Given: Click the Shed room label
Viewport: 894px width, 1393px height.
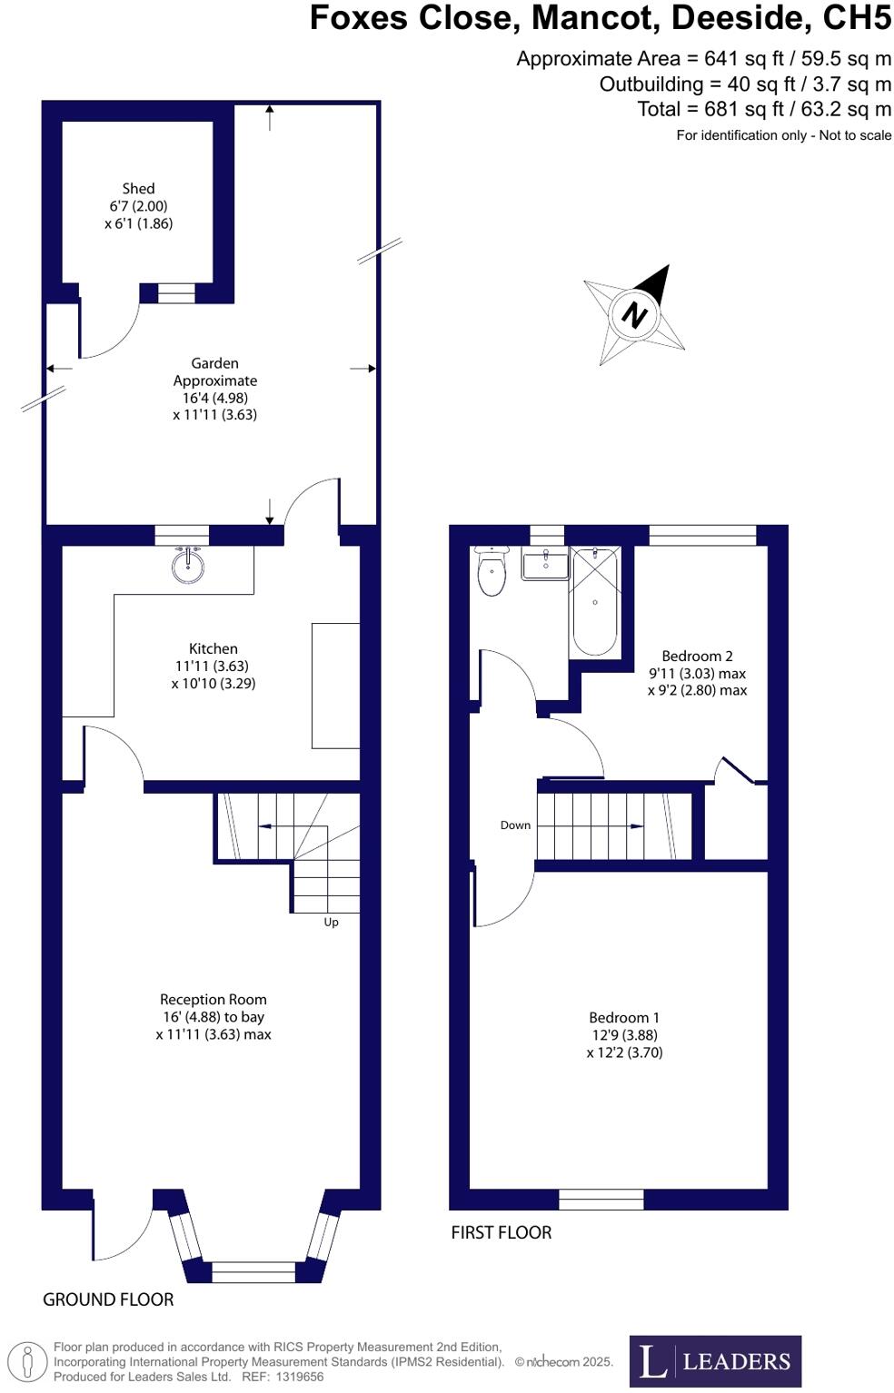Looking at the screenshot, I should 138,189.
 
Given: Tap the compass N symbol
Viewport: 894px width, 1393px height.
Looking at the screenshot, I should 634,314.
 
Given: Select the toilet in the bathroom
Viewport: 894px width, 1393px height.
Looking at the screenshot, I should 492,571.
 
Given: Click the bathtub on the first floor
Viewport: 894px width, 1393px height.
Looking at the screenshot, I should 594,601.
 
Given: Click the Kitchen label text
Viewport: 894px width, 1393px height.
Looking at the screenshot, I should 214,648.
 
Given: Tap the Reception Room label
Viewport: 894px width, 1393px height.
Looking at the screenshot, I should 214,999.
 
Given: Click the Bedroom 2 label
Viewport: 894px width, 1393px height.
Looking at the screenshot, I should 697,656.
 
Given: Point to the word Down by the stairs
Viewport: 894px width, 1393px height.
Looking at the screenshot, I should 515,825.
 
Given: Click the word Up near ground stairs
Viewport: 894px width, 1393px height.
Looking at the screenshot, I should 331,922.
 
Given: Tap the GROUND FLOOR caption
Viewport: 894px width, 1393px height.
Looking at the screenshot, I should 108,1299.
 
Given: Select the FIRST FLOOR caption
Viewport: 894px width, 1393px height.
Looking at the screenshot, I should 502,1232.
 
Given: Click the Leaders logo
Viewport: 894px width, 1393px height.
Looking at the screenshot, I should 715,1360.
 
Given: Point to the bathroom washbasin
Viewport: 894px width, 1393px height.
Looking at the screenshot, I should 545,565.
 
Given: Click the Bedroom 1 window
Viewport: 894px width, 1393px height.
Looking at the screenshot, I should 601,1200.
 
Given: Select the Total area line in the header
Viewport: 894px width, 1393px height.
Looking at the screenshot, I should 764,110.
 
